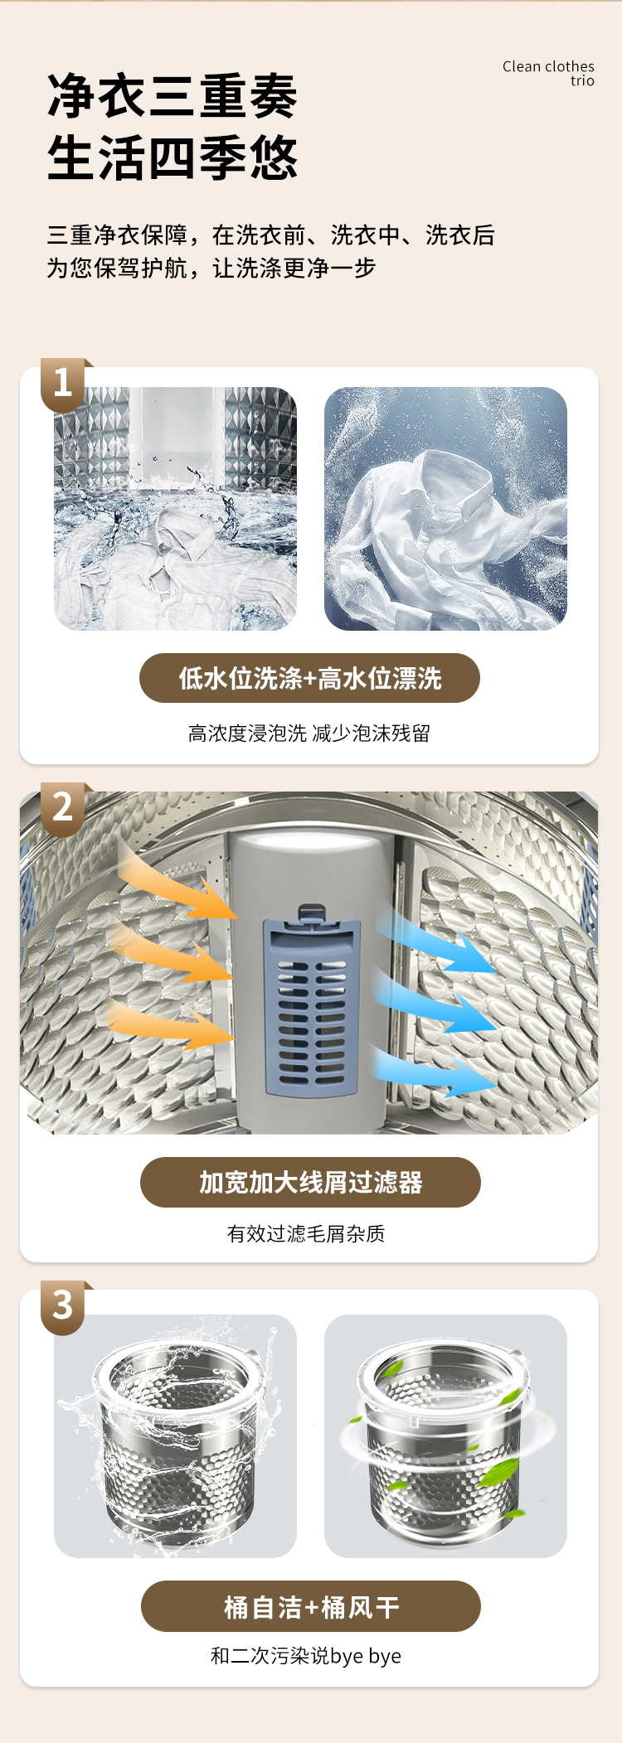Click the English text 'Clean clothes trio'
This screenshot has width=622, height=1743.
pos(548,73)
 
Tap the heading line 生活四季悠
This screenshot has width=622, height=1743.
pos(173,157)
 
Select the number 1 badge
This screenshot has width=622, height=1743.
pos(63,383)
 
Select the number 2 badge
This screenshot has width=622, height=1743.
pos(63,807)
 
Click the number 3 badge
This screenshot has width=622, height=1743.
pos(63,1305)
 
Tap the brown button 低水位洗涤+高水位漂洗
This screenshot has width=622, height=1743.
pos(309,678)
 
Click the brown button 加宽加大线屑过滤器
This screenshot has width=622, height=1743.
pos(310,1182)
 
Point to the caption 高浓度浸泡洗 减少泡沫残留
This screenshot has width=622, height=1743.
pos(309,734)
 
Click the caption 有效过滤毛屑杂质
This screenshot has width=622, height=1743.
pos(306,1234)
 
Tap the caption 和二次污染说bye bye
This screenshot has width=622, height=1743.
pos(306,1656)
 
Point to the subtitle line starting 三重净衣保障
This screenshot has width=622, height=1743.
pos(270,235)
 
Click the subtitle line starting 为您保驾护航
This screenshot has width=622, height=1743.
pos(211,268)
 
